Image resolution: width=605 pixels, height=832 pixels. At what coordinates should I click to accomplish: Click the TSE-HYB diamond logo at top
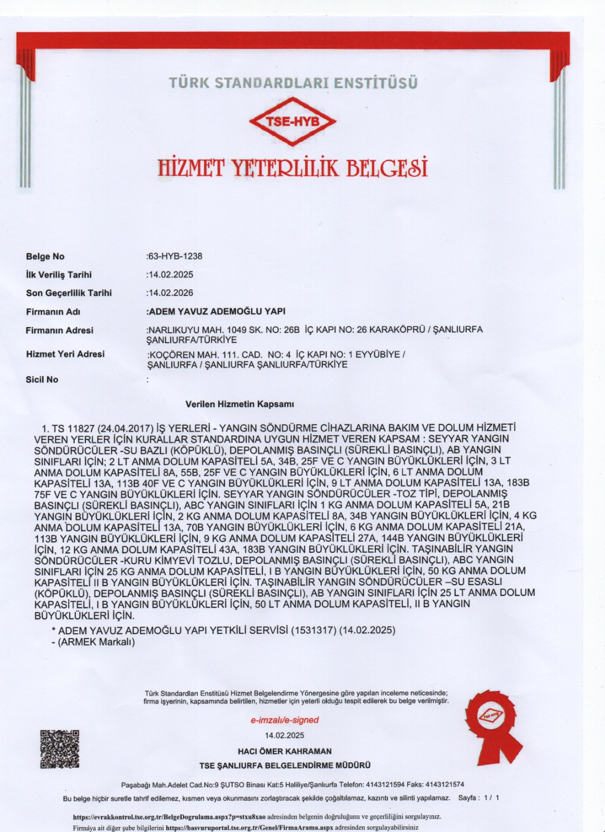click(293, 122)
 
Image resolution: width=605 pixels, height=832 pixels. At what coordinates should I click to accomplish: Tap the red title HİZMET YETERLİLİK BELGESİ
click(292, 167)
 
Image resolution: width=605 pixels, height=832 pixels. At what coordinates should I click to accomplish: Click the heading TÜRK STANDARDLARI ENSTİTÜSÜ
click(293, 83)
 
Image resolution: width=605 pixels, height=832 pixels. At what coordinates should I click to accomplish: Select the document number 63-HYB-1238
click(175, 256)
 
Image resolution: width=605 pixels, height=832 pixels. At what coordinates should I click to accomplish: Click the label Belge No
click(45, 256)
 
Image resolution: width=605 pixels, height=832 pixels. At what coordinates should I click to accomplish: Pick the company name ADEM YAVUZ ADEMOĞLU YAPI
click(217, 311)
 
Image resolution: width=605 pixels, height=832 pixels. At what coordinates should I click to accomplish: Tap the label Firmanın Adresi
click(59, 330)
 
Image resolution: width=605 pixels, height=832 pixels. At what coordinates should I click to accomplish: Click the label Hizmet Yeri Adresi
click(65, 354)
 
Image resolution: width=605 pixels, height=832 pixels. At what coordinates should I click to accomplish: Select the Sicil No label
click(42, 380)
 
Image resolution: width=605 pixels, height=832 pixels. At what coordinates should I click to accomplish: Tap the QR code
click(60, 749)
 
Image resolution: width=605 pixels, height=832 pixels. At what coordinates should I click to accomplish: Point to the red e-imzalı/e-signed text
click(284, 720)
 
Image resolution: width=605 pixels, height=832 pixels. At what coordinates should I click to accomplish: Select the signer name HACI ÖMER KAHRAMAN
click(284, 751)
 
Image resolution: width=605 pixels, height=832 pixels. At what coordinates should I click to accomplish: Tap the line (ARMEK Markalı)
click(93, 642)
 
